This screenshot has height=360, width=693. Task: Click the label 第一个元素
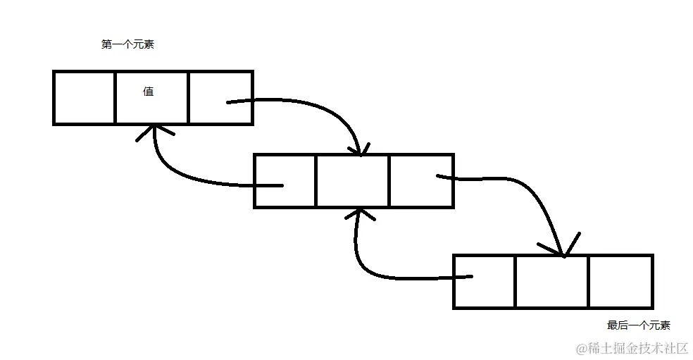pyautogui.click(x=127, y=44)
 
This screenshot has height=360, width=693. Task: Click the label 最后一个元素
pyautogui.click(x=638, y=325)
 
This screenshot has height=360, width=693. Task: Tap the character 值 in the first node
pyautogui.click(x=149, y=91)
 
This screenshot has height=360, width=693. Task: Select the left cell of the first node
pyautogui.click(x=85, y=97)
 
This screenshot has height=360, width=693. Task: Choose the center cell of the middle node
pyautogui.click(x=351, y=180)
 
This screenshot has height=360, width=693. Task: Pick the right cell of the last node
pyautogui.click(x=620, y=281)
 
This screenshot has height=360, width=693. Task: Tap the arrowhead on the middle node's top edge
pyautogui.click(x=361, y=147)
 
